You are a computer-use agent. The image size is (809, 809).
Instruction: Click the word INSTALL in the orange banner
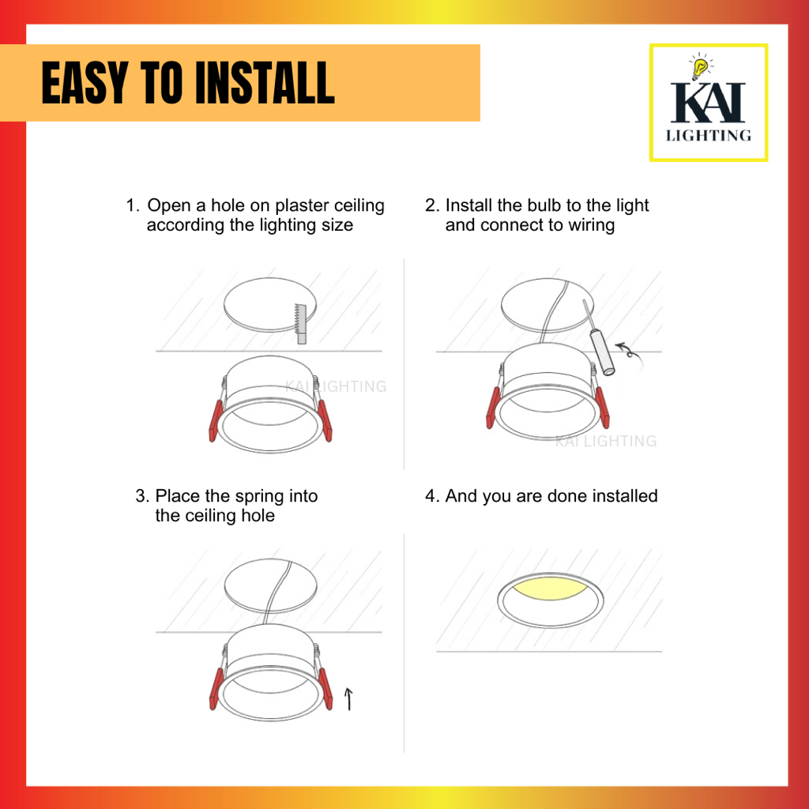265,82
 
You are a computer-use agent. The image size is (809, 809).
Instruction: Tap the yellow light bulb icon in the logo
700,68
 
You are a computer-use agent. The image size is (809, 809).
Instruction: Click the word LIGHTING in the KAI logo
709,135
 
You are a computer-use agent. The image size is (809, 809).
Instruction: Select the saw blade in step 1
300,323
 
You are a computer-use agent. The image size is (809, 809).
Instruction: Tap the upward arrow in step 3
348,699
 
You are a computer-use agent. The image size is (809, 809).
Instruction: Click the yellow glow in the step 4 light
550,588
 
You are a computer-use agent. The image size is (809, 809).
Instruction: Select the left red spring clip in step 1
216,420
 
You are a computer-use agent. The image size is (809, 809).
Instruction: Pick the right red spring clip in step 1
325,420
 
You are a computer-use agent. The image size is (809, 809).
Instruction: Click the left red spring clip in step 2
493,408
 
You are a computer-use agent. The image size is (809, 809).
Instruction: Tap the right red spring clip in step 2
603,408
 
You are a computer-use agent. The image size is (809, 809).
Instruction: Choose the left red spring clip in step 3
216,689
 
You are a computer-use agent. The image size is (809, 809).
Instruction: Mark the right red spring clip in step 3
325,689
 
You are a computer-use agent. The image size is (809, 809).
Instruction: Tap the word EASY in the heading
85,82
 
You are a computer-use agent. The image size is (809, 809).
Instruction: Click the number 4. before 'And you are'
432,496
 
